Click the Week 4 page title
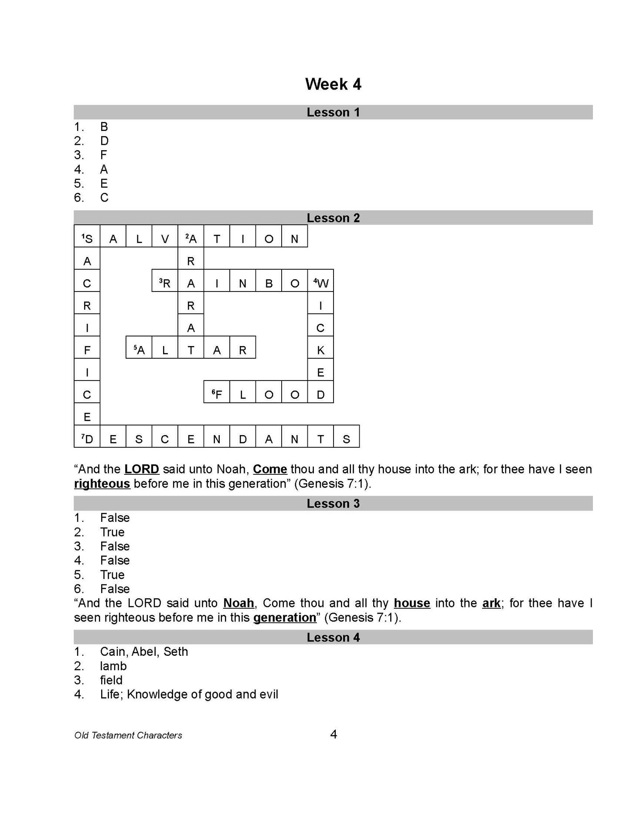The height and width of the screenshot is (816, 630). pyautogui.click(x=333, y=84)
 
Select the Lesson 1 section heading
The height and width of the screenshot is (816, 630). pyautogui.click(x=333, y=112)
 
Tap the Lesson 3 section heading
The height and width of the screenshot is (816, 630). pyautogui.click(x=333, y=503)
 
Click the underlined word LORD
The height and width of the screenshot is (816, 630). pyautogui.click(x=142, y=469)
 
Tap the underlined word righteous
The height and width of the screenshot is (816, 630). pyautogui.click(x=102, y=483)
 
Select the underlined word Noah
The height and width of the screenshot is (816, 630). pyautogui.click(x=238, y=603)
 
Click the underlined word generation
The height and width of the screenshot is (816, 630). pyautogui.click(x=285, y=617)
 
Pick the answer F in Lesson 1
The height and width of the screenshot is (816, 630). pyautogui.click(x=104, y=155)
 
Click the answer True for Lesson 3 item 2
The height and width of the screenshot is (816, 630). pyautogui.click(x=112, y=532)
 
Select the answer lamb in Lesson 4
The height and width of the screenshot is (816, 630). pyautogui.click(x=113, y=666)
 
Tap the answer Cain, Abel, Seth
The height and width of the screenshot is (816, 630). pyautogui.click(x=144, y=651)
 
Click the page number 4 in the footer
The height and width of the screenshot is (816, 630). pyautogui.click(x=334, y=734)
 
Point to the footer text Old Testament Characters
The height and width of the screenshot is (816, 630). pyautogui.click(x=128, y=735)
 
